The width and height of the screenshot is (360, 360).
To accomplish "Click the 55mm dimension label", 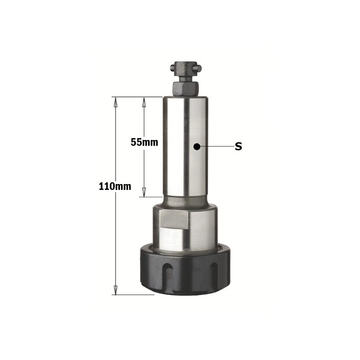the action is point(144,142).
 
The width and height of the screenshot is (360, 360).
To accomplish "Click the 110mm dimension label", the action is point(115,186).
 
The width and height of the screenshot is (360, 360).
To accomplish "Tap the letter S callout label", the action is point(238,147).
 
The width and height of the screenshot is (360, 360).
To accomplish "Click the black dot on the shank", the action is point(197,147).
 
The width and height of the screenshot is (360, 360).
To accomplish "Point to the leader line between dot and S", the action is point(216,147).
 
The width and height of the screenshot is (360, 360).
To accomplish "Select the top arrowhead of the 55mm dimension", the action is point(144,103).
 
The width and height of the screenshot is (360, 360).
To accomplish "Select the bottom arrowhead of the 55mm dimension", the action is point(144,192).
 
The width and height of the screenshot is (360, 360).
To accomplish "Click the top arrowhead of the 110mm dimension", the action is point(116,103).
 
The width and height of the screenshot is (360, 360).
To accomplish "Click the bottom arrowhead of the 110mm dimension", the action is point(116,290).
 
